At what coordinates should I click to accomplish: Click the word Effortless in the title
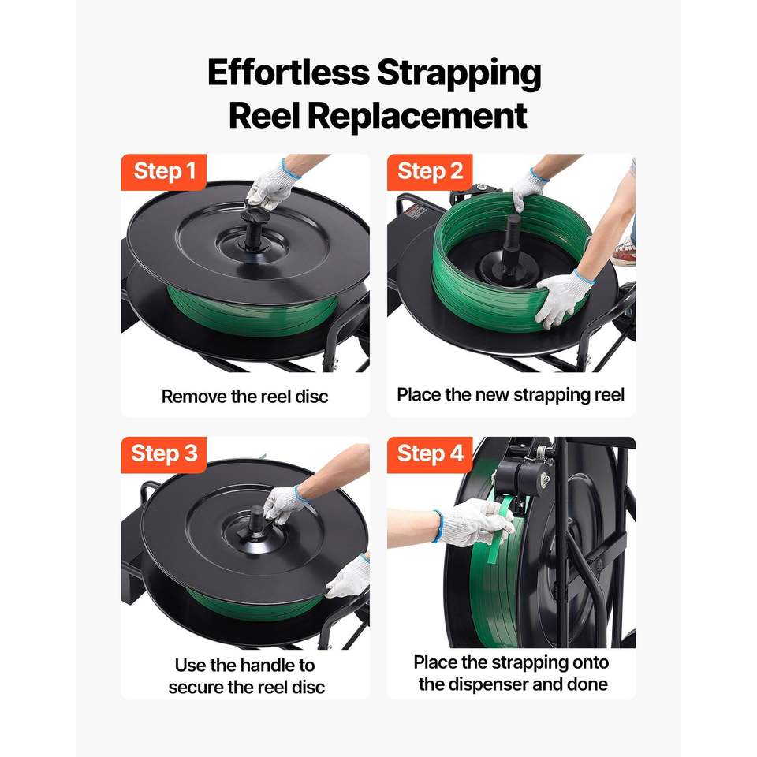pos(289,73)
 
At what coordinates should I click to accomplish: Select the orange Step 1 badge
pos(164,171)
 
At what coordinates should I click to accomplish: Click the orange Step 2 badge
pos(430,171)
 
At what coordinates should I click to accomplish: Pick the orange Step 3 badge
pos(164,454)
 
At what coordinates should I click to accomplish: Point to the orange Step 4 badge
pos(430,454)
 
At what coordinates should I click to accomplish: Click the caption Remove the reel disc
pos(244,397)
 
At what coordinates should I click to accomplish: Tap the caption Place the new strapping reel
pos(511,395)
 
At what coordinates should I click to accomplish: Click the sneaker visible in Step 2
pos(625,252)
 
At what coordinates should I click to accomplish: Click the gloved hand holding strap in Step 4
pos(471,523)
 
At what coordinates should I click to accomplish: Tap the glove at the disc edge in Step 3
pos(349,577)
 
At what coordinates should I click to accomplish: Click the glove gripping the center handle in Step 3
pos(285,504)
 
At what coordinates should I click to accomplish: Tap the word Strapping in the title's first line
pos(459,73)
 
